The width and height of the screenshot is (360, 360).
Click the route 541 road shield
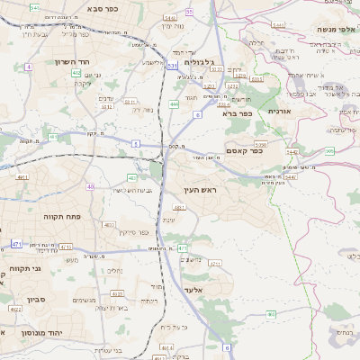click(34, 6)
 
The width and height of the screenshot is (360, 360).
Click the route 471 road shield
click(16, 244)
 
